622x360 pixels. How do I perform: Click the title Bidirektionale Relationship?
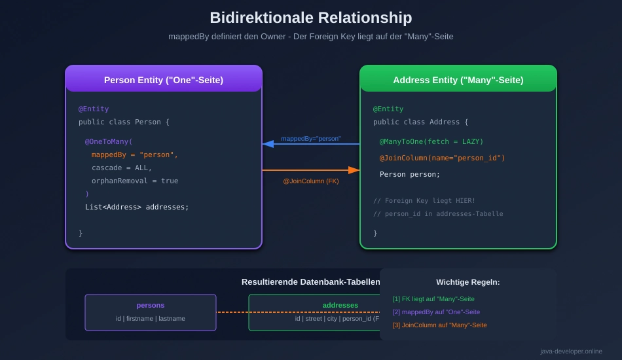(311, 18)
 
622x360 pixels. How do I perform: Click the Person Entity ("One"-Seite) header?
(164, 80)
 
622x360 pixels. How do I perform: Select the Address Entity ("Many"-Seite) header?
(458, 80)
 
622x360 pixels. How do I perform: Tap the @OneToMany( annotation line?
(109, 141)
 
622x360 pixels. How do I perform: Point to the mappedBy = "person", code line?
(134, 154)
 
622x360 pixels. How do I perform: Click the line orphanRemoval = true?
(134, 181)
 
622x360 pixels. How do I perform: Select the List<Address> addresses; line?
(136, 207)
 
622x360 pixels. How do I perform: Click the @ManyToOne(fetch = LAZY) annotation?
(431, 141)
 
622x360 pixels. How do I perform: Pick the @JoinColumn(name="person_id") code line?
(442, 158)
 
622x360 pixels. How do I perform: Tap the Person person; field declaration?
(410, 174)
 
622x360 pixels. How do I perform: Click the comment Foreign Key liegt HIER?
(424, 200)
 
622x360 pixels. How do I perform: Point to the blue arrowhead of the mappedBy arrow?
(268, 144)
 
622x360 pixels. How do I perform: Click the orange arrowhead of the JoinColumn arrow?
(354, 170)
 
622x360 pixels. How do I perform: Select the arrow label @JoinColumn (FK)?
(311, 181)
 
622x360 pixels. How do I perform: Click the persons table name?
(151, 305)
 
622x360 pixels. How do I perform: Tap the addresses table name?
(340, 305)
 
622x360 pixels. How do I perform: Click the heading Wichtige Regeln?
(468, 282)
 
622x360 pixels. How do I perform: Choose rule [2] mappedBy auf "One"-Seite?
(436, 312)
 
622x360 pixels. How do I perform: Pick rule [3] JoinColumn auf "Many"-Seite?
(439, 325)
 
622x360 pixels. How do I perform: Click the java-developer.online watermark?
(571, 351)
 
